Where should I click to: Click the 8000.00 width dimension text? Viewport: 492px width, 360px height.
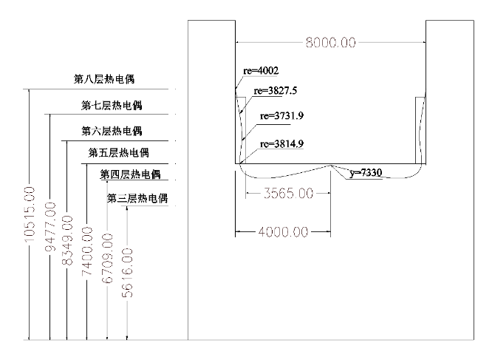331,43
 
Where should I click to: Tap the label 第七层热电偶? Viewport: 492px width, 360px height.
112,105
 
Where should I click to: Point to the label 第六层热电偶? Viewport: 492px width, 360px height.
112,132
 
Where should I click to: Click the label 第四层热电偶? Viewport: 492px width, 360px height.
129,174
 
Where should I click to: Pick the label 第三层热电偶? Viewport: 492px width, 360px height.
138,199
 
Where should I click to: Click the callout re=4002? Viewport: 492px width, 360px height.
260,71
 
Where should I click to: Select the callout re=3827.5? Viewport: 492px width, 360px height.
276,92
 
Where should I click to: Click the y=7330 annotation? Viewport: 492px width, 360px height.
366,173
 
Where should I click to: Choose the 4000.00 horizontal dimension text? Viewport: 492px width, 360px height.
284,232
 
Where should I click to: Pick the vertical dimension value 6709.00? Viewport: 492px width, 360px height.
108,259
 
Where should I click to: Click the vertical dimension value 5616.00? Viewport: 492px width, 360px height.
128,273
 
